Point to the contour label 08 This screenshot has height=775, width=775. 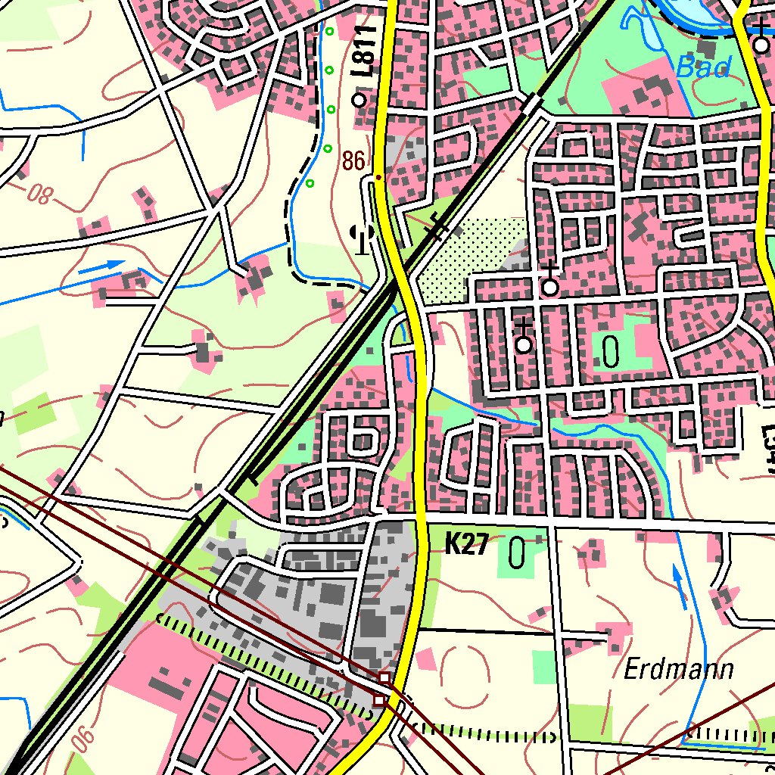(x=41, y=195)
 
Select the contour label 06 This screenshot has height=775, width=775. (x=82, y=739)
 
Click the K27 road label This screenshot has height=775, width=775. (x=465, y=545)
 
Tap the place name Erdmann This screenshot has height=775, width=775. (x=680, y=670)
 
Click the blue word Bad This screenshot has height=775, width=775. (x=704, y=68)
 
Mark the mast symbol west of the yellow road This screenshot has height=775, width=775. (x=363, y=238)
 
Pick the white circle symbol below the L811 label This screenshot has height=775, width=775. (x=359, y=99)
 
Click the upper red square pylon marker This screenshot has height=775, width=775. (x=384, y=677)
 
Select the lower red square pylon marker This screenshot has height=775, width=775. (x=380, y=702)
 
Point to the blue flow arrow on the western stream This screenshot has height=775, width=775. (x=101, y=266)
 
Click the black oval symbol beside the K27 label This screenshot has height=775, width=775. (x=517, y=553)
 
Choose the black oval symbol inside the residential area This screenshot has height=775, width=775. (x=611, y=351)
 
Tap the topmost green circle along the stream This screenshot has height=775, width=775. (x=329, y=31)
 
